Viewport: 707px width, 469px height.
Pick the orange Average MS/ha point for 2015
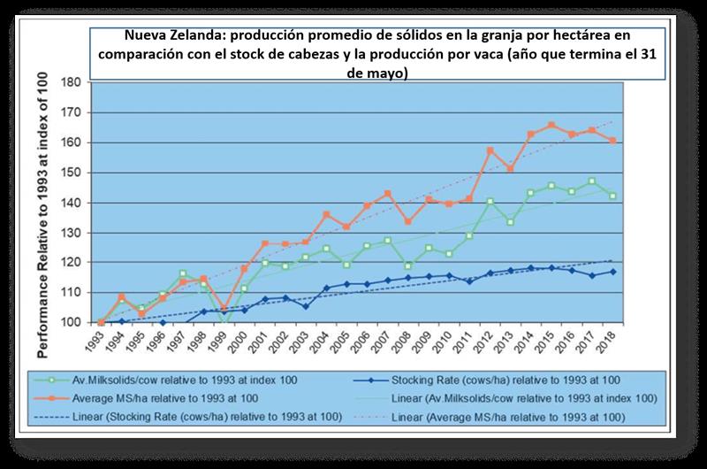coord(551,126)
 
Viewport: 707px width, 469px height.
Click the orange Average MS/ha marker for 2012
coord(490,150)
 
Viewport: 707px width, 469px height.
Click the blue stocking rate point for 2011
coord(469,281)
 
